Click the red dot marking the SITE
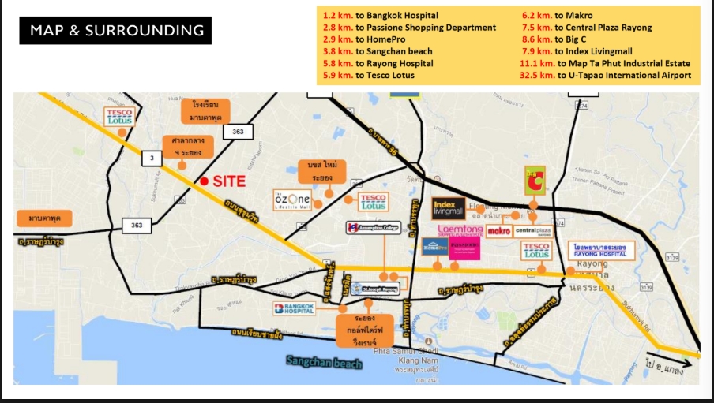coord(205,181)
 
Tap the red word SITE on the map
coord(229,181)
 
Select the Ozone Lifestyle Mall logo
coord(291,199)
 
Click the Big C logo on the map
coord(534,181)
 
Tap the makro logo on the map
coord(498,231)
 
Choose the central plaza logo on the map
coord(535,231)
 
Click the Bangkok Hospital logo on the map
coord(294,308)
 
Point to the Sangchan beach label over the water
coord(325,362)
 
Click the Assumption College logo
coord(374,228)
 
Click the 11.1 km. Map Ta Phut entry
coord(605,63)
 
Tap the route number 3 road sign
coord(148,158)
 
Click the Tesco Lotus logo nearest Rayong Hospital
coord(535,251)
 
